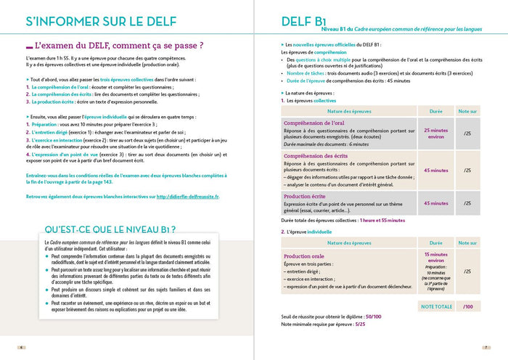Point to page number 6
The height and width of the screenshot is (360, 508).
pyautogui.click(x=21, y=347)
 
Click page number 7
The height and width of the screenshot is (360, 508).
pyautogui.click(x=486, y=347)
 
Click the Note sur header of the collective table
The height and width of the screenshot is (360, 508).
pyautogui.click(x=467, y=110)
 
